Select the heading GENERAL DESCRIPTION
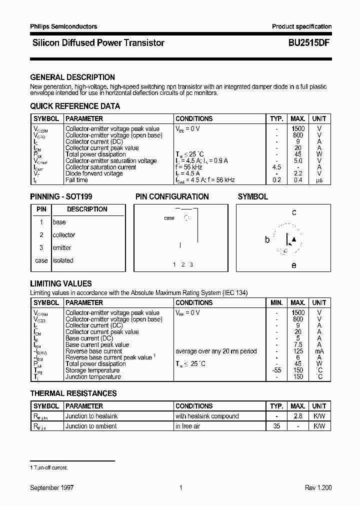pyautogui.click(x=72, y=77)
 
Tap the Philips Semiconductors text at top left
pyautogui.click(x=63, y=26)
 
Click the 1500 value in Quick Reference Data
pyautogui.click(x=298, y=129)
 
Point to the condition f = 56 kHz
pyautogui.click(x=191, y=167)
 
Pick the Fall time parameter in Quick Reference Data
pyautogui.click(x=77, y=180)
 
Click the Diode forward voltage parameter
pyautogui.click(x=94, y=173)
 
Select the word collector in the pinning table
pyautogui.click(x=64, y=235)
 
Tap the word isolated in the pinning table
pyautogui.click(x=63, y=260)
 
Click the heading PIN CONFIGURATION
pyautogui.click(x=172, y=197)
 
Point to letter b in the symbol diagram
pyautogui.click(x=267, y=240)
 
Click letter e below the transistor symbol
pyautogui.click(x=293, y=265)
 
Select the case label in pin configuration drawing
pyautogui.click(x=169, y=218)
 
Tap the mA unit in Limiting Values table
pyautogui.click(x=319, y=351)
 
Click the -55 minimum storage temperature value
pyautogui.click(x=276, y=370)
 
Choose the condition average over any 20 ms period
pyautogui.click(x=216, y=351)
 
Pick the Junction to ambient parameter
pyautogui.click(x=91, y=426)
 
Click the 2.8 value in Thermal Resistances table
pyautogui.click(x=298, y=416)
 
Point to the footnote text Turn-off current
pyautogui.click(x=50, y=467)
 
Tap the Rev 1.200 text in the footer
pyautogui.click(x=318, y=488)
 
